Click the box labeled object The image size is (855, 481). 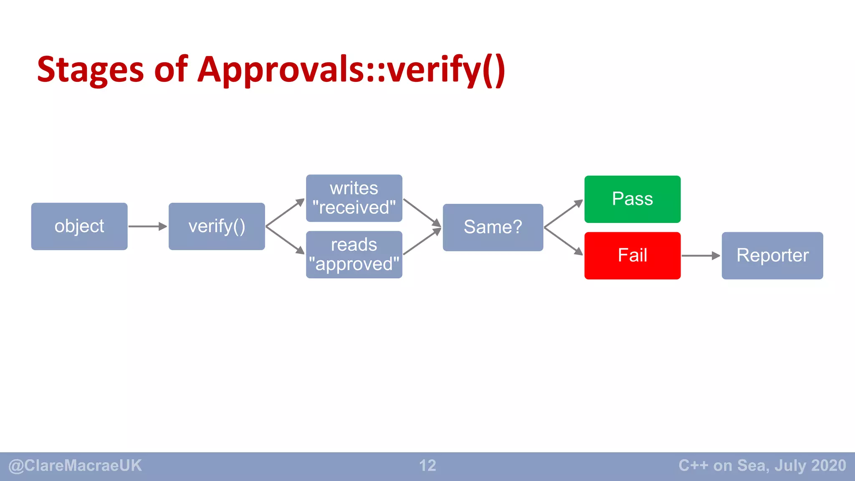(x=79, y=226)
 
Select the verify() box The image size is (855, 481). (x=217, y=226)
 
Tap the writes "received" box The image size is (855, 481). (x=354, y=198)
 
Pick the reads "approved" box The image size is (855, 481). (x=354, y=255)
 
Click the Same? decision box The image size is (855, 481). (x=493, y=227)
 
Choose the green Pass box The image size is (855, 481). (x=632, y=199)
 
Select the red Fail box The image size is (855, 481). (x=632, y=256)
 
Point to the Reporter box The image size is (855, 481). (x=772, y=256)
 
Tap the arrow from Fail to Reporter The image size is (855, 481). (x=701, y=256)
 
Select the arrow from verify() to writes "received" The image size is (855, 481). (x=285, y=213)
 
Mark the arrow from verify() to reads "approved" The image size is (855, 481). (x=285, y=240)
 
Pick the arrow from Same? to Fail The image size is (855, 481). (x=564, y=241)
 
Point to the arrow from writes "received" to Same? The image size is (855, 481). (x=422, y=213)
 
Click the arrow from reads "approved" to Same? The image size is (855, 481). (x=422, y=241)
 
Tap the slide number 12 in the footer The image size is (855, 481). (x=427, y=466)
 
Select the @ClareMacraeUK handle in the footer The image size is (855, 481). (x=75, y=466)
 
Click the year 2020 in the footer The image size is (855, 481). (x=829, y=466)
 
